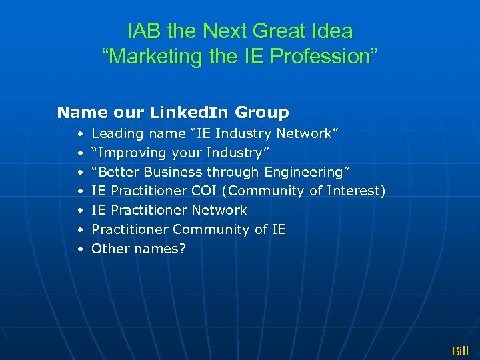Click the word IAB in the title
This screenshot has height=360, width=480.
[x=141, y=31]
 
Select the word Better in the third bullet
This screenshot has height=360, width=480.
[x=117, y=172]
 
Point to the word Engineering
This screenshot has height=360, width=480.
[x=307, y=172]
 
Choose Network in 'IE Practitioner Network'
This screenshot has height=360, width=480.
[x=219, y=210]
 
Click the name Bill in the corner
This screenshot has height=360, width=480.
[x=460, y=351]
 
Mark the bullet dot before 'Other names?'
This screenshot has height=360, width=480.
[x=79, y=249]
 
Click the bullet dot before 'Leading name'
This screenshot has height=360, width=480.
[x=79, y=134]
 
